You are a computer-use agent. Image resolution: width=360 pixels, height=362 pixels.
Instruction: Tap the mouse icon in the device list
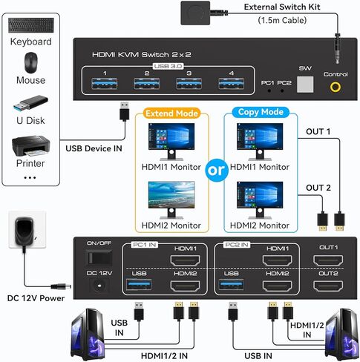(30, 61)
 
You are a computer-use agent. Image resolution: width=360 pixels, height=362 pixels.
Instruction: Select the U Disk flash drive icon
(30, 103)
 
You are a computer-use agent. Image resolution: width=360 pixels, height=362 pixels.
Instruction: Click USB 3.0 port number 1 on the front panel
(105, 84)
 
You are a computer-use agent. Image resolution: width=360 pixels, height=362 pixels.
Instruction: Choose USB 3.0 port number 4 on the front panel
(232, 84)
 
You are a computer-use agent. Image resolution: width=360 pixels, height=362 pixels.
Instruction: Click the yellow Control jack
(337, 87)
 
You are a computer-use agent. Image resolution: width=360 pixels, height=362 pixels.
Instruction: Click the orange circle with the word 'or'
(216, 170)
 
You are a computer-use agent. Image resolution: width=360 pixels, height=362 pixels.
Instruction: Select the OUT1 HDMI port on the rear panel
(330, 260)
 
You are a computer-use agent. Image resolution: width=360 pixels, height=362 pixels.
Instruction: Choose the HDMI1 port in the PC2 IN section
(277, 260)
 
